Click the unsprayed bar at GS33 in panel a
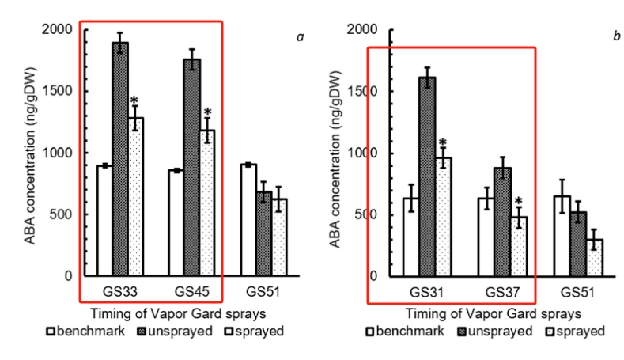(x=120, y=158)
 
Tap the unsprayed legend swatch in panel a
(x=143, y=328)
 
